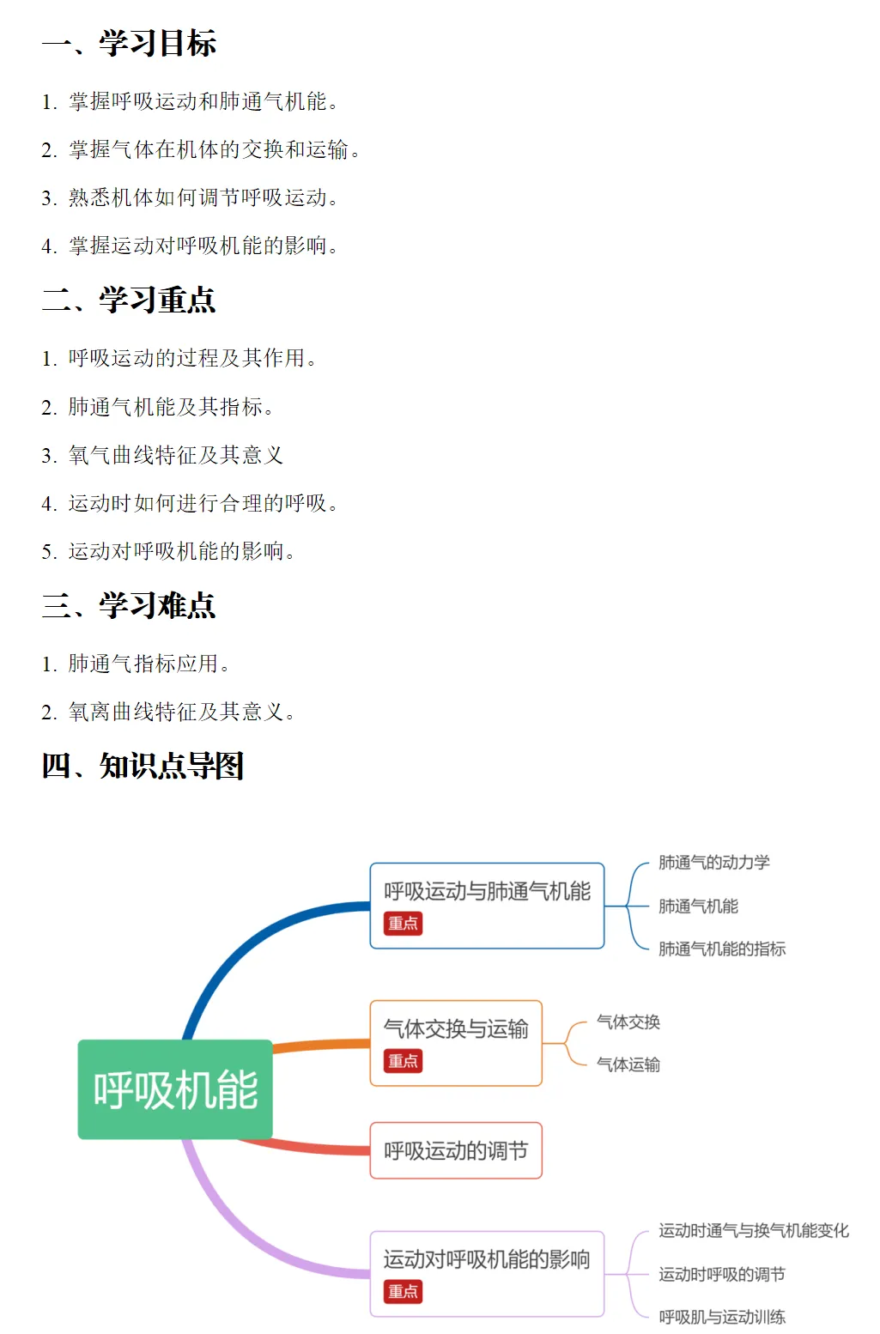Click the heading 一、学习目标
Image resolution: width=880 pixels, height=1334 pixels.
point(129,43)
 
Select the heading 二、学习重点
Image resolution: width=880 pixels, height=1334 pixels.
point(129,300)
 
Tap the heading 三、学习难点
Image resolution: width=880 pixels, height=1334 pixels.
point(129,605)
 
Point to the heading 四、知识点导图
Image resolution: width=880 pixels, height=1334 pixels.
point(143,765)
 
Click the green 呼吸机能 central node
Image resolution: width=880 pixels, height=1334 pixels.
point(175,1089)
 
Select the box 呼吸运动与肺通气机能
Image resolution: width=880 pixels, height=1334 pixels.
point(487,893)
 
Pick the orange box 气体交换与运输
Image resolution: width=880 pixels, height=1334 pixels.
point(456,1030)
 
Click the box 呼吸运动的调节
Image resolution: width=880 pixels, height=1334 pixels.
point(456,1150)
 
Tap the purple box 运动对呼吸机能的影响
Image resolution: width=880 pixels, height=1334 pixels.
point(487,1260)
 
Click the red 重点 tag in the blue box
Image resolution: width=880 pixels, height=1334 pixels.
point(403,924)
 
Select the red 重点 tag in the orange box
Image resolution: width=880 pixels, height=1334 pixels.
point(403,1061)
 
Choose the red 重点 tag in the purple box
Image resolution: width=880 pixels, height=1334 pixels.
point(403,1291)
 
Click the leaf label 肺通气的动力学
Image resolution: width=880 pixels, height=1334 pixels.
point(713,863)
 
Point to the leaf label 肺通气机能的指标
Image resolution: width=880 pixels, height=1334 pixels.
point(721,949)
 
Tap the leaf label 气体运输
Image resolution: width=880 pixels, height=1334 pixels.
point(628,1064)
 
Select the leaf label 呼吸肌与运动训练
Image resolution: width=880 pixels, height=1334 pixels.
point(721,1317)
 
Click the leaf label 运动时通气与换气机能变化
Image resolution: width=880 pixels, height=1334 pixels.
point(753,1231)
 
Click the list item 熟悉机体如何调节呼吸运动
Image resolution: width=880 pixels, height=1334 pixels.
point(203,197)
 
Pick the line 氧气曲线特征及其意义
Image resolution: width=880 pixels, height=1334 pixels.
point(175,455)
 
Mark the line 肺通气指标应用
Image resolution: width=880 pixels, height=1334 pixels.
point(148,664)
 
